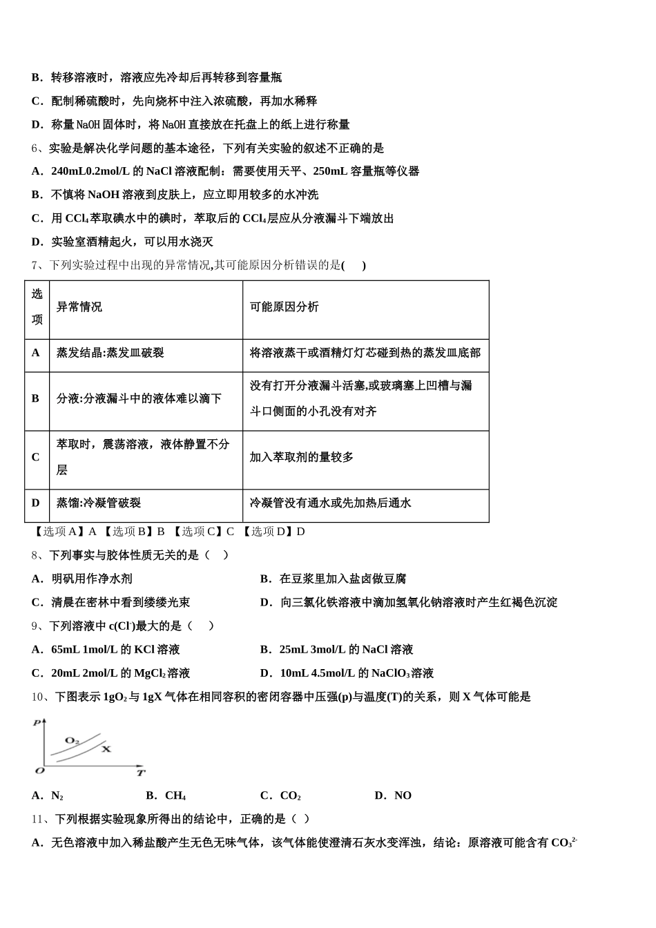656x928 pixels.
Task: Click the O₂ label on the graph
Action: coord(72,740)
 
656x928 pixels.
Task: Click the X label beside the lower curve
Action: coord(106,748)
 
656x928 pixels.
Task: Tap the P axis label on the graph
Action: coord(37,722)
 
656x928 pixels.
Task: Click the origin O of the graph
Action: coord(39,771)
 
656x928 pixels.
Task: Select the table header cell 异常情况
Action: coord(79,307)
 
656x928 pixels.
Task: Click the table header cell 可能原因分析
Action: coord(284,307)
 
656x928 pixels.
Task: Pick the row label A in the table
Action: coord(36,353)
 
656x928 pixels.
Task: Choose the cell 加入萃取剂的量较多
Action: coord(302,457)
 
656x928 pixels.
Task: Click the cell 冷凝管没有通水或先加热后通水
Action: coord(330,503)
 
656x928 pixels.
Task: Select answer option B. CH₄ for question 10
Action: coord(166,795)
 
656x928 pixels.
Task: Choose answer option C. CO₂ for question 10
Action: coord(280,795)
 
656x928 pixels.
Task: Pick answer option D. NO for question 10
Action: coord(393,795)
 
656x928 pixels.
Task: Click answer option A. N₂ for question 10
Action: coord(48,795)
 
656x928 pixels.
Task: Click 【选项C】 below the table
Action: coord(196,532)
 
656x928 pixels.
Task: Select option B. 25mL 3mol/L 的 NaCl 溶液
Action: coord(336,650)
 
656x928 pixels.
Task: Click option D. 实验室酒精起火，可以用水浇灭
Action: coord(122,242)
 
